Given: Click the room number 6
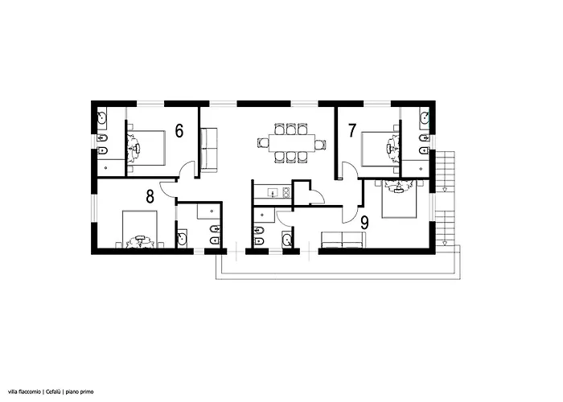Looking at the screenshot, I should [x=179, y=131].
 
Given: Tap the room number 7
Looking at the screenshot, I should [x=351, y=129].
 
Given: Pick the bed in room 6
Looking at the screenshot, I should [x=146, y=146].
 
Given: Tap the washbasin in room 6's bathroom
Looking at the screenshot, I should [x=102, y=118].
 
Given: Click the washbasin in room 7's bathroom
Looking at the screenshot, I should [x=424, y=118].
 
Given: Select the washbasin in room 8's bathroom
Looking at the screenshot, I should [x=181, y=237].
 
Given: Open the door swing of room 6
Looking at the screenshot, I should [x=187, y=169].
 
